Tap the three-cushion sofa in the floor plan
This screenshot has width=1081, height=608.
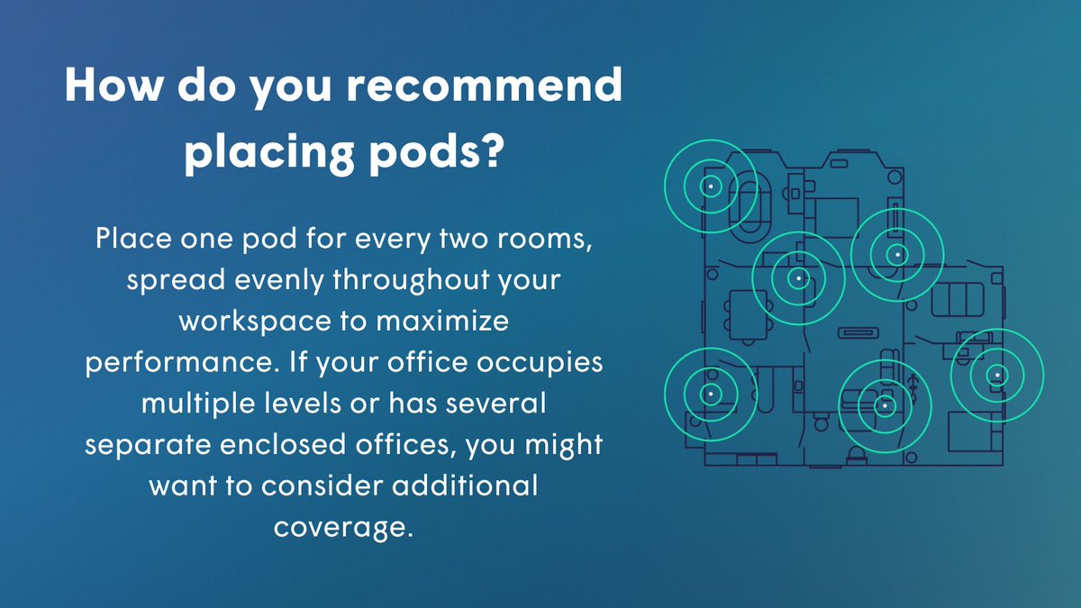(x=960, y=297)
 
